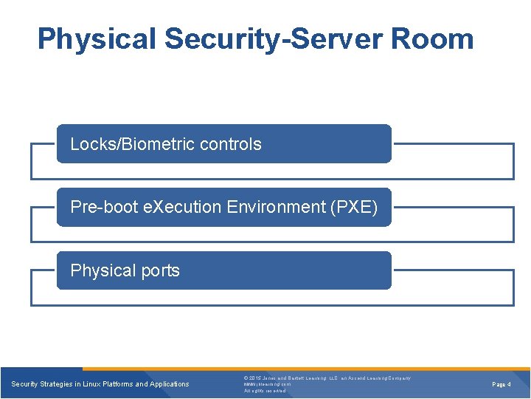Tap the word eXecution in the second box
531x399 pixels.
(169, 208)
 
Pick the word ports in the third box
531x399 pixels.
(160, 271)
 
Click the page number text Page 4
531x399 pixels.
(502, 384)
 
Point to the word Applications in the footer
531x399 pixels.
(168, 384)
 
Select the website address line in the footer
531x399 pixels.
(267, 384)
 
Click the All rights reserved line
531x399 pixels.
(265, 391)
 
